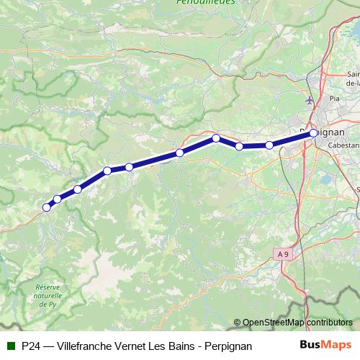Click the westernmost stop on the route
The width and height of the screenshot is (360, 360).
click(x=47, y=207)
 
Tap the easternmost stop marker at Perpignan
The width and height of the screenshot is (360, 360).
click(x=314, y=133)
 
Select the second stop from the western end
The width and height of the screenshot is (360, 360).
click(x=57, y=199)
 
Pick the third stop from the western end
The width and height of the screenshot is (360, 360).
click(x=77, y=189)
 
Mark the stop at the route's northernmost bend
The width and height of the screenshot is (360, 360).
click(x=215, y=138)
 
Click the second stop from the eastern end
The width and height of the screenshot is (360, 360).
click(x=269, y=145)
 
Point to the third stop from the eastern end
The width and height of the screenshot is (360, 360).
click(x=239, y=146)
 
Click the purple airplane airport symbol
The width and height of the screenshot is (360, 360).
click(x=310, y=100)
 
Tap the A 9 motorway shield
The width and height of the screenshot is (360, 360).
click(x=284, y=253)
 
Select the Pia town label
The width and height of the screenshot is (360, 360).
click(x=333, y=99)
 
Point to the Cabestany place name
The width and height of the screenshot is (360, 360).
click(x=343, y=145)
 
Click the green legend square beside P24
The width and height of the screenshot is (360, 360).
click(x=10, y=346)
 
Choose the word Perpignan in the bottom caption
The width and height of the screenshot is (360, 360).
click(x=228, y=346)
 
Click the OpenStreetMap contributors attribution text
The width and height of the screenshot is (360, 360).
click(x=297, y=323)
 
